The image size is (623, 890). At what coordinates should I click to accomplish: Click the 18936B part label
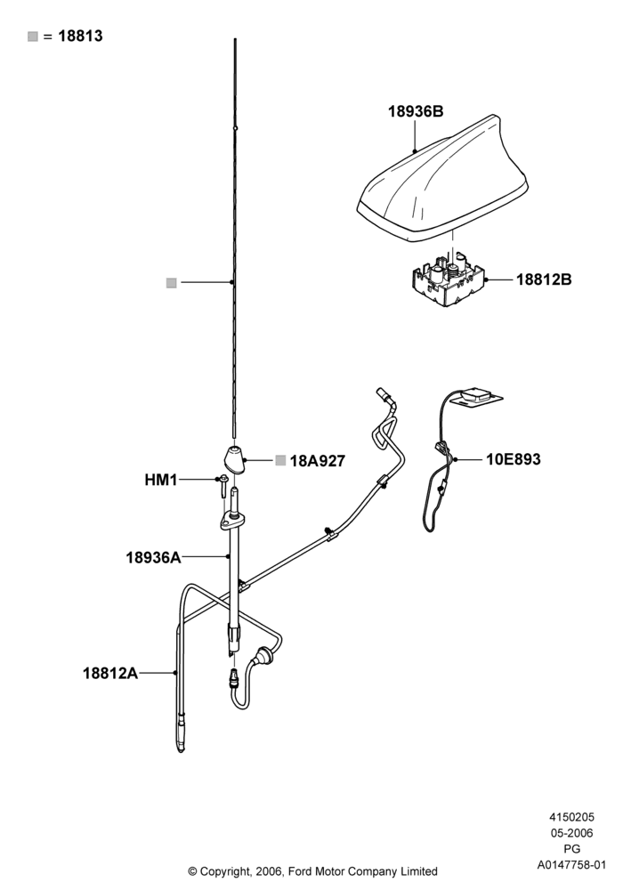[x=416, y=111]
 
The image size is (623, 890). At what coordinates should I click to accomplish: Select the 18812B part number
[x=544, y=279]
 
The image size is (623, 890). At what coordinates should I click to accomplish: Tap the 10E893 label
[x=513, y=458]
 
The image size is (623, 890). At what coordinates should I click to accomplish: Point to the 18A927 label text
[x=317, y=461]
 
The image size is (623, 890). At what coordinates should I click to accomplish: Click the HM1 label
[x=160, y=481]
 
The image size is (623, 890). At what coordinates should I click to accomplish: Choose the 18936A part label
[x=153, y=557]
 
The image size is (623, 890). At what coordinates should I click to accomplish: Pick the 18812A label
[x=110, y=673]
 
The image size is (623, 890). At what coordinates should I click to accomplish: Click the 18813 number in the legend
[x=80, y=36]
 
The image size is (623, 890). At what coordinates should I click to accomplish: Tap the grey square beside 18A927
[x=280, y=460]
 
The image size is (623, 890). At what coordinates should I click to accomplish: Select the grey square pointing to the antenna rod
[x=172, y=283]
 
